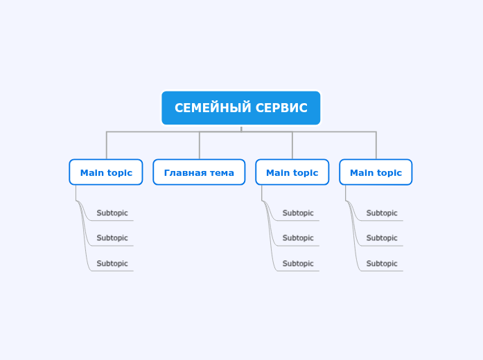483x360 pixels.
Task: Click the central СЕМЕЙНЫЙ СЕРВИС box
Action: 241,108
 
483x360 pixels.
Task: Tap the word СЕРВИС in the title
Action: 281,108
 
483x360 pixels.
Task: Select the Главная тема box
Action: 199,172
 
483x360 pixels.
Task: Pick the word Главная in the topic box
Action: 183,172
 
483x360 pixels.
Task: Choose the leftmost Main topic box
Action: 106,172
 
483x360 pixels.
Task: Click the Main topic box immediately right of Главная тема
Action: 292,172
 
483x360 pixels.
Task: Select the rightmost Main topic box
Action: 376,172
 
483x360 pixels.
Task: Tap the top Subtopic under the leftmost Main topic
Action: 112,213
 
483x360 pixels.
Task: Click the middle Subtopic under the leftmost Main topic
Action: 112,238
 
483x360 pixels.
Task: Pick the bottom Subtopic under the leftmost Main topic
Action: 112,264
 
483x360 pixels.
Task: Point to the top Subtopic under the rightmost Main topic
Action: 382,213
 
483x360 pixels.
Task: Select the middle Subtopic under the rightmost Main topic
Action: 382,238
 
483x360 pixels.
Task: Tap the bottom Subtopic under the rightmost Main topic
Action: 382,264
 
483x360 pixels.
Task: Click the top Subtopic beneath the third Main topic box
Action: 298,213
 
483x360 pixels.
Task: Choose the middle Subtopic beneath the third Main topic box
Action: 298,238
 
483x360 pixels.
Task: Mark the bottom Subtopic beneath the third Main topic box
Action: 298,264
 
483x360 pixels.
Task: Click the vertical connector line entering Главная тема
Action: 200,145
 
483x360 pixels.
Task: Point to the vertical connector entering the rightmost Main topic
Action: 376,145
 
